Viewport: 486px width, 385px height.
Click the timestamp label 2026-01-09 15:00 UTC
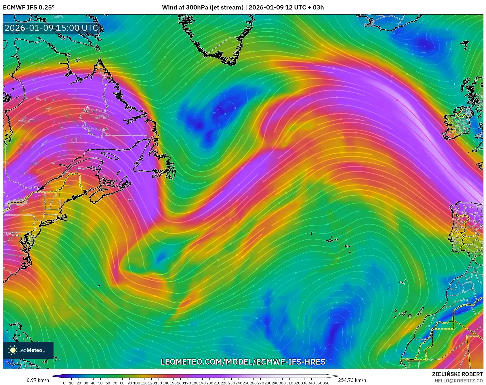pyautogui.click(x=51, y=28)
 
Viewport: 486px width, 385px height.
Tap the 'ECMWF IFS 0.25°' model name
pyautogui.click(x=29, y=7)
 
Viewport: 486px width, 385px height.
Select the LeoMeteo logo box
pyautogui.click(x=28, y=350)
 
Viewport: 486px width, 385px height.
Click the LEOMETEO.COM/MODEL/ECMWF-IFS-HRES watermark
pyautogui.click(x=243, y=361)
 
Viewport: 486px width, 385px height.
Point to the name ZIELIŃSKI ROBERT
pyautogui.click(x=458, y=374)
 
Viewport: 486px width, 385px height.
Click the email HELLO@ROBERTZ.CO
pyautogui.click(x=459, y=380)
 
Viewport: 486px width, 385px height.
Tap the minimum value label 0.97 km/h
pyautogui.click(x=38, y=380)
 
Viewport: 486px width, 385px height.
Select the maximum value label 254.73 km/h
pyautogui.click(x=352, y=380)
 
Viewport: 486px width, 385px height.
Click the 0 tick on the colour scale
pyautogui.click(x=64, y=383)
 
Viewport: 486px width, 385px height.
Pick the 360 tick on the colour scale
pyautogui.click(x=326, y=383)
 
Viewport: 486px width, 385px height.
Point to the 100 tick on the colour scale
pyautogui.click(x=137, y=383)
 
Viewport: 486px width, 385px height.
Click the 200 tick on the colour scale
pyautogui.click(x=209, y=383)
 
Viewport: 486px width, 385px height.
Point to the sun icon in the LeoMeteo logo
pyautogui.click(x=13, y=350)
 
